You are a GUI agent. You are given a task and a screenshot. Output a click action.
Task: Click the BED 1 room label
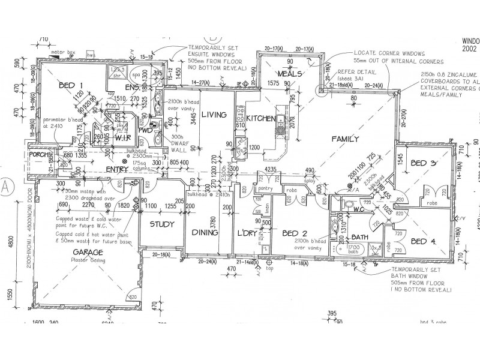pyautogui.click(x=70, y=86)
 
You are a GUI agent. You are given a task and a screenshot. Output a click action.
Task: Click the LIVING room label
pyautogui.click(x=213, y=114)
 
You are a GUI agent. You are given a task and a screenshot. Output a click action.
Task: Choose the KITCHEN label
pyautogui.click(x=260, y=118)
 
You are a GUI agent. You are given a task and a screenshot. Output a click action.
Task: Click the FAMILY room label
pyautogui.click(x=344, y=140)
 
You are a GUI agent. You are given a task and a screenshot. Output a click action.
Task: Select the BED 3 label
pyautogui.click(x=424, y=163)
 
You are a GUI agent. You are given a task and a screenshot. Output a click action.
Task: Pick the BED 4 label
pyautogui.click(x=424, y=241)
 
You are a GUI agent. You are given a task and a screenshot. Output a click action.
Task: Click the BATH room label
pyautogui.click(x=359, y=237)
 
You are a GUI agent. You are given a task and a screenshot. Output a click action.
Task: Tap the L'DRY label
pyautogui.click(x=247, y=233)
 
